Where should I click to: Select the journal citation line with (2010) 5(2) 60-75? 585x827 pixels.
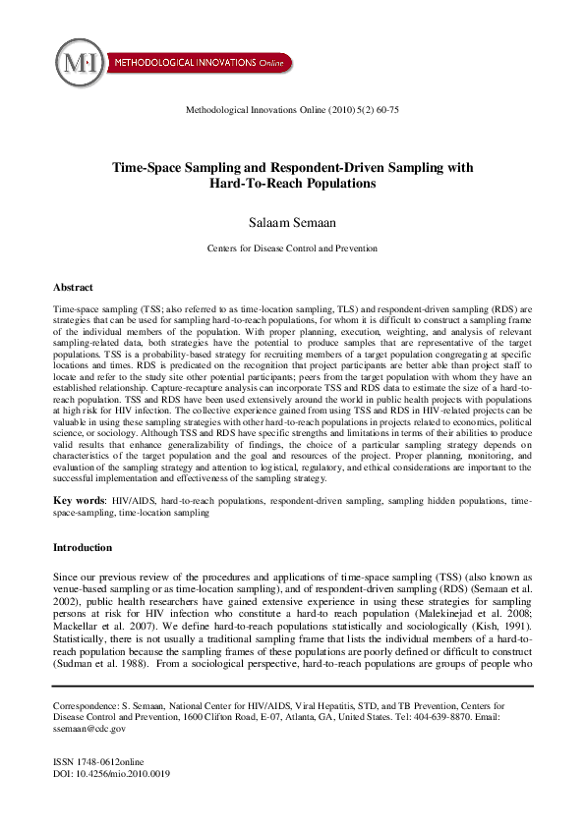(x=292, y=110)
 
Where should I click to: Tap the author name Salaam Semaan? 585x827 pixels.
(x=292, y=218)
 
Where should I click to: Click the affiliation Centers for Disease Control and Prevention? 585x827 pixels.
(x=292, y=250)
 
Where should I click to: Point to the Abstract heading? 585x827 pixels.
(x=74, y=288)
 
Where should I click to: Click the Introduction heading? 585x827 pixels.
(x=83, y=547)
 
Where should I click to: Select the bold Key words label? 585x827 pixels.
(x=80, y=501)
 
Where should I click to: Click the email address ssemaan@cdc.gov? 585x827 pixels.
(x=89, y=729)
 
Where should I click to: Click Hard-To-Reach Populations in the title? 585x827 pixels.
(x=292, y=184)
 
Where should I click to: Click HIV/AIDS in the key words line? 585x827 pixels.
(x=133, y=501)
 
